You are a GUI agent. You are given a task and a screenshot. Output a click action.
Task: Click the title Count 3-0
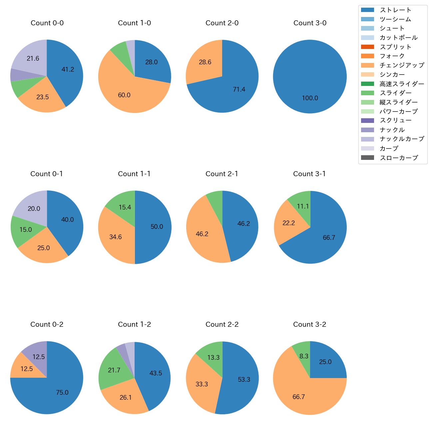coord(310,23)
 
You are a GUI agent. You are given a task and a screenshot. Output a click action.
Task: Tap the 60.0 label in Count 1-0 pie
coord(124,95)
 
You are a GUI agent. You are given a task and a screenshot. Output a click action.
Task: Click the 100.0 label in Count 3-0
coord(310,98)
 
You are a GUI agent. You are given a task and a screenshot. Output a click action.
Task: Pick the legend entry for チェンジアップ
coord(402,65)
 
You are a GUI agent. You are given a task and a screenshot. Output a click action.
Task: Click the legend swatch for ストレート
coord(367,10)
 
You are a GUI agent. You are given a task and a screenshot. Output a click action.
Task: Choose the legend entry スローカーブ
coord(399,158)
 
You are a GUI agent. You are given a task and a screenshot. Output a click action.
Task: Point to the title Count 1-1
coord(134,174)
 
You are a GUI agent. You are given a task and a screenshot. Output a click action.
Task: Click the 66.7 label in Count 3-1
coord(329,238)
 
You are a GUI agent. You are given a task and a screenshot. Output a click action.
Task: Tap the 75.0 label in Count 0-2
coord(62,393)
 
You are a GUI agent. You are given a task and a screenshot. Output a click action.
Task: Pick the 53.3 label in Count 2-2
coord(244,380)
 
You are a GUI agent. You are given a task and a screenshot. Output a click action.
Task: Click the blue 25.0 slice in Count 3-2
coord(325,362)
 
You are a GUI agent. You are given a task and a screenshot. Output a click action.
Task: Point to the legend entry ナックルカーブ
coord(402,139)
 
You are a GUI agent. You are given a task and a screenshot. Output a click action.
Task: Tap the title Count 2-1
coord(222,174)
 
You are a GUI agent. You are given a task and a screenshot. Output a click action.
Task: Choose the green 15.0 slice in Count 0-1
coord(25,230)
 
